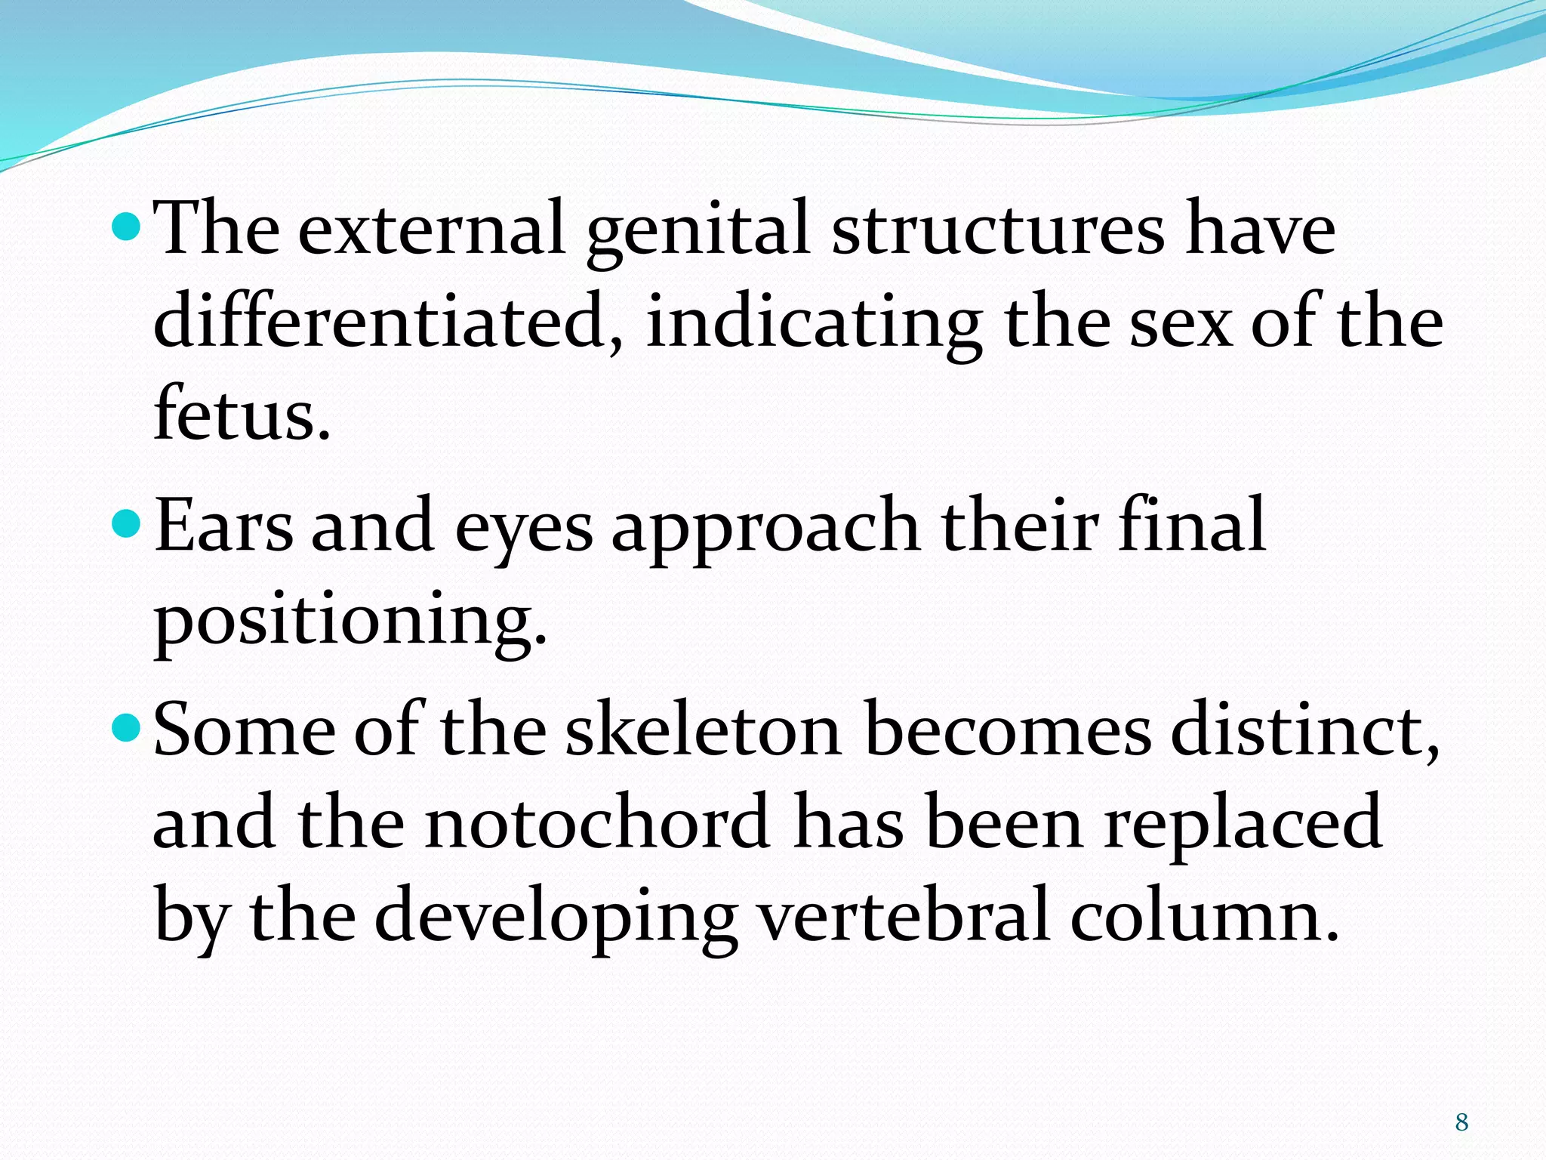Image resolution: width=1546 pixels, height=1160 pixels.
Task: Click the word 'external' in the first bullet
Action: (432, 228)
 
